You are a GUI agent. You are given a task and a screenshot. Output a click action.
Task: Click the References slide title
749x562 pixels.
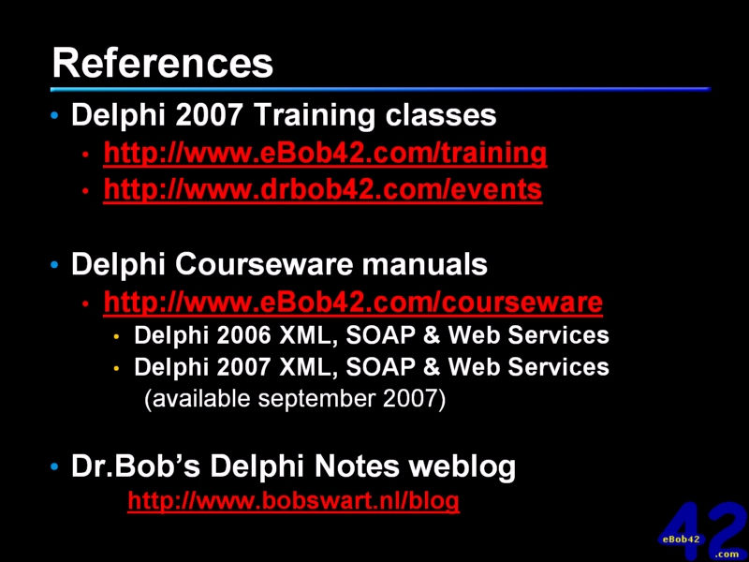[162, 63]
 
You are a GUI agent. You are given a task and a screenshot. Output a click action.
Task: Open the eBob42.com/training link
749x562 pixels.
[325, 153]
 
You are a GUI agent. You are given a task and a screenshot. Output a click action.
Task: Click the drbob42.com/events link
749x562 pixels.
[323, 189]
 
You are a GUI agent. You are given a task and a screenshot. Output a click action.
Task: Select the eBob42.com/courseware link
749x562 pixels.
[353, 302]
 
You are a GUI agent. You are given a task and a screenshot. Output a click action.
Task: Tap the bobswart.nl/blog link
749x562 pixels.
[294, 500]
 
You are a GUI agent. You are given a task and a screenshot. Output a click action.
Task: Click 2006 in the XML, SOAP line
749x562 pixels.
[243, 335]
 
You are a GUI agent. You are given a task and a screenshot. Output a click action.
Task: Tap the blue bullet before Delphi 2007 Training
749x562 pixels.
[54, 115]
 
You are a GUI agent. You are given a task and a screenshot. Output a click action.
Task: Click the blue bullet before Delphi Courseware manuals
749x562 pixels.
[54, 264]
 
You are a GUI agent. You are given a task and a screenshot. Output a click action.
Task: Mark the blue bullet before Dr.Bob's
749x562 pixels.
[54, 466]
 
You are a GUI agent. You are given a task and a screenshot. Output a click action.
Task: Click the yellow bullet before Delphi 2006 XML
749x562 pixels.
[116, 337]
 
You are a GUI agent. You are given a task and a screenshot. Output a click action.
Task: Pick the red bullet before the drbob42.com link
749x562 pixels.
[85, 191]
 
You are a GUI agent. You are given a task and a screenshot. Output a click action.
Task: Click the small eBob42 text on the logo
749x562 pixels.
[682, 540]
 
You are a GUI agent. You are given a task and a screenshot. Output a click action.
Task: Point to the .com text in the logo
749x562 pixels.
[727, 555]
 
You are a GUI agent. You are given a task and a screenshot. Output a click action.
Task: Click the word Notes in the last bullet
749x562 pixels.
[357, 466]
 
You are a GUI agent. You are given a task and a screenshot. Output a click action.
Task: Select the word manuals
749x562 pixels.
[425, 264]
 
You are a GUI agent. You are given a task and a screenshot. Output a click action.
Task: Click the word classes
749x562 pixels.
[441, 116]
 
